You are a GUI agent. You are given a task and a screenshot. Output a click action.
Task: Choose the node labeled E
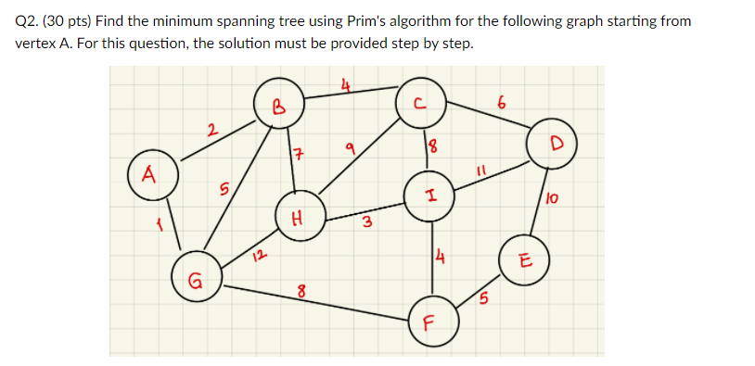tap(523, 259)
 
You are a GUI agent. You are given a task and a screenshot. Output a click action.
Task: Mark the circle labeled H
tap(299, 218)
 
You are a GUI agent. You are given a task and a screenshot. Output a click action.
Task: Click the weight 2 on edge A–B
tap(212, 132)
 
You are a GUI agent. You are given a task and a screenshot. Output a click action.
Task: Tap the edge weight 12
tap(261, 253)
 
